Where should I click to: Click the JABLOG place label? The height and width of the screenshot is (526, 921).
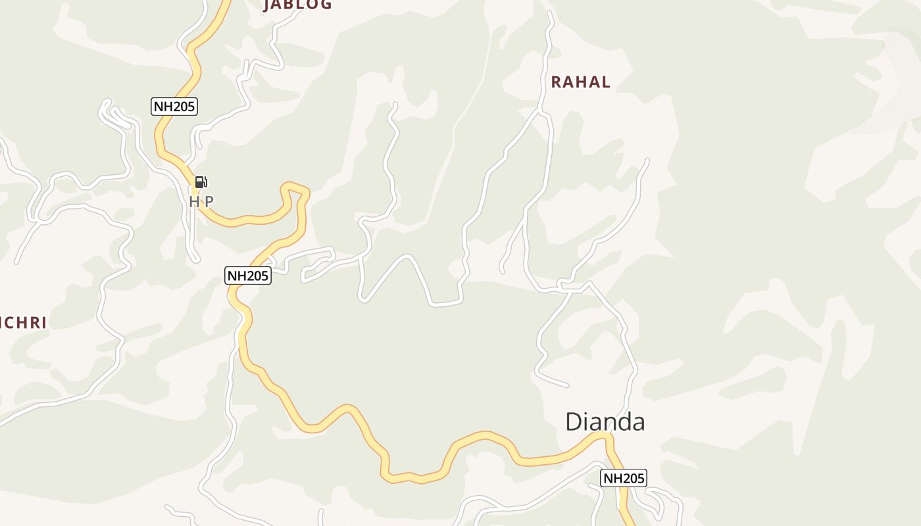297,5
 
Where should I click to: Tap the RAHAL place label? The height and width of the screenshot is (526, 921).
580,82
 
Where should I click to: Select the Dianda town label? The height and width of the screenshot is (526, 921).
605,421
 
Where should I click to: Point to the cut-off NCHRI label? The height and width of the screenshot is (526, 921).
24,323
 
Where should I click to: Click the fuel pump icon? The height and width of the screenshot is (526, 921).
201,182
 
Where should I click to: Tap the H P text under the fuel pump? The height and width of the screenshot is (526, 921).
201,202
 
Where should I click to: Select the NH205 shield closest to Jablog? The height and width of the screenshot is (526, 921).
174,106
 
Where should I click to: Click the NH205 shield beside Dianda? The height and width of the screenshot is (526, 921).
624,478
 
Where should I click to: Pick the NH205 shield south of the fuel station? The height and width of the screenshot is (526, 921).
248,275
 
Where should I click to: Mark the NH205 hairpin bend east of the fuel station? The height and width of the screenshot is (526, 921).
296,189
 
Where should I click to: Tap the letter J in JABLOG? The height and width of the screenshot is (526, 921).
267,5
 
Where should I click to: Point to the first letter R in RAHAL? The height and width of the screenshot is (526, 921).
556,82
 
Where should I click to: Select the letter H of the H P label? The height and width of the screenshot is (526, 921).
194,202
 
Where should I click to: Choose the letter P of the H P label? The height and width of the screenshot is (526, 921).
209,202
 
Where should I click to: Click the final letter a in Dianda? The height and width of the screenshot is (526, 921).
637,423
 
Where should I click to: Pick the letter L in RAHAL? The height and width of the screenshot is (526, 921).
605,82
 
